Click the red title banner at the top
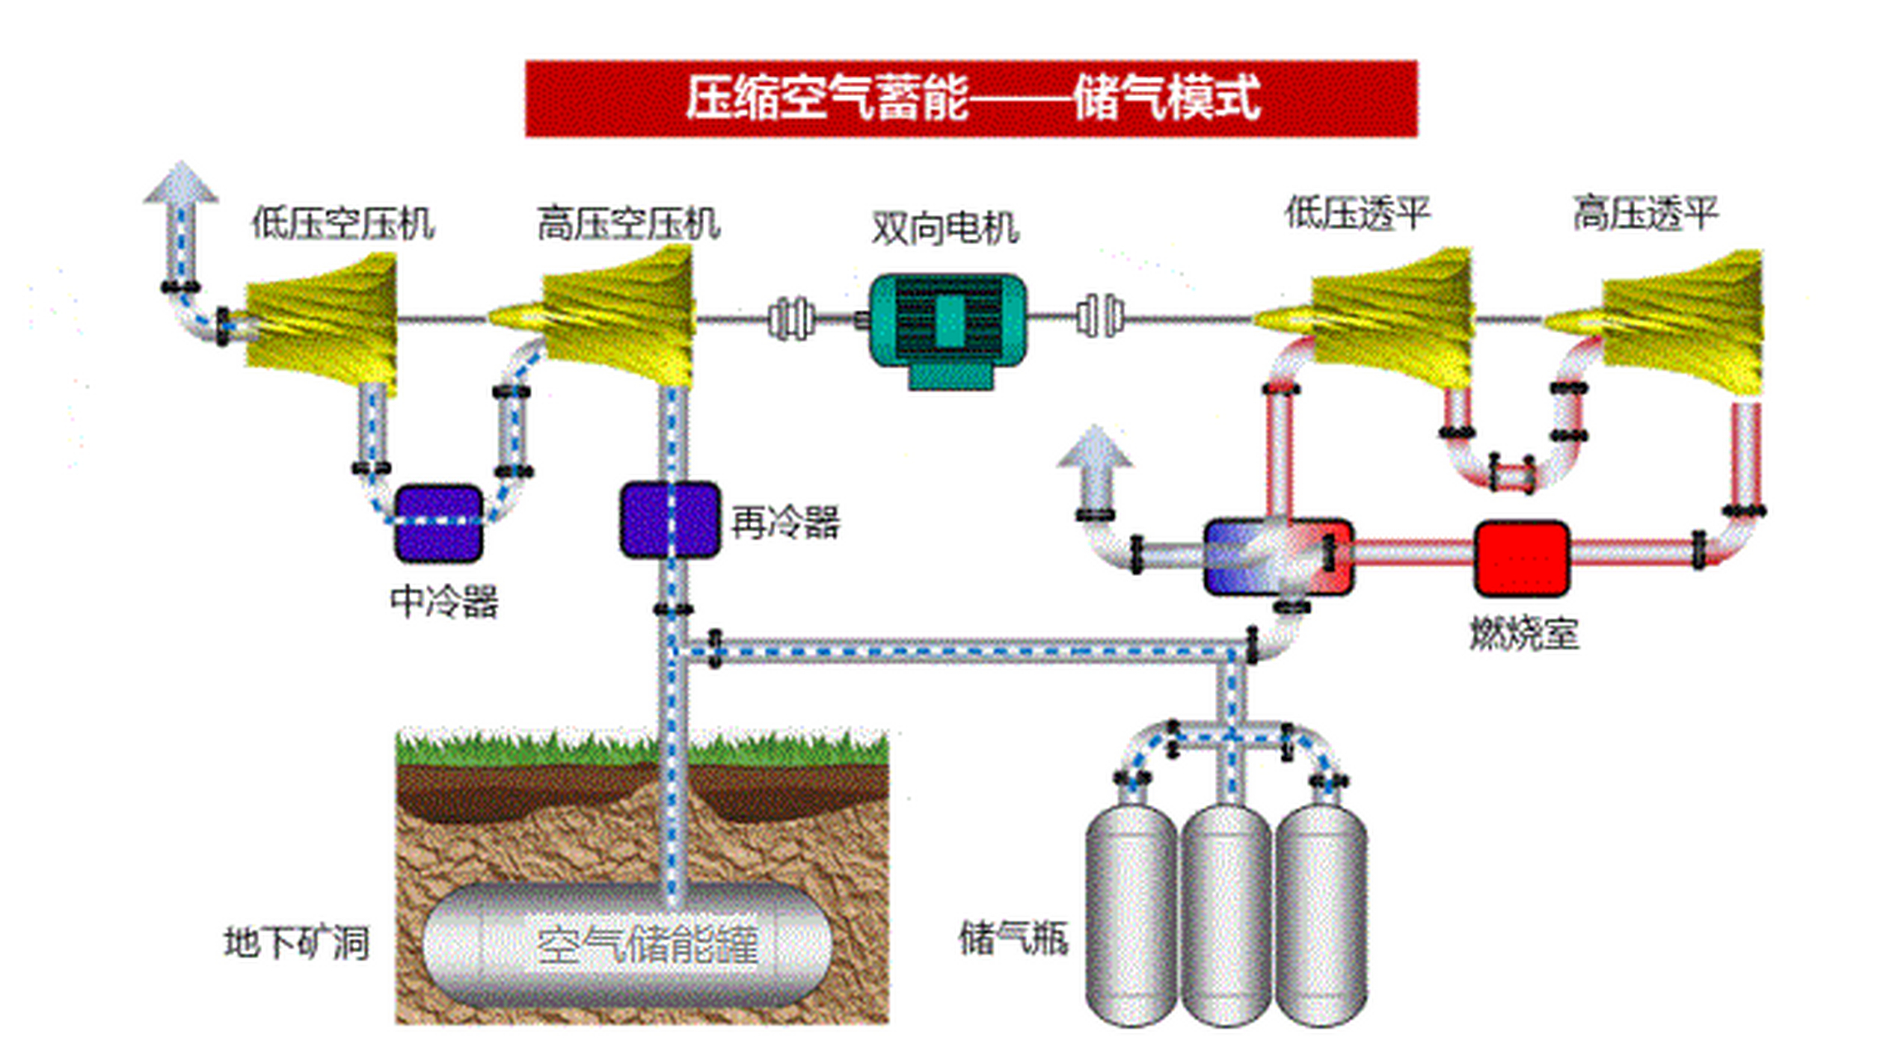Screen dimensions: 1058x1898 971,98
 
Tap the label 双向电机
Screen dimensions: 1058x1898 945,228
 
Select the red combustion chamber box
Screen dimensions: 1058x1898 1522,558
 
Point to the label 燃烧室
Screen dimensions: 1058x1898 1523,634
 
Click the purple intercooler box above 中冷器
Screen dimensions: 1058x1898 439,523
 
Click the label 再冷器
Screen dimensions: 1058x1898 785,522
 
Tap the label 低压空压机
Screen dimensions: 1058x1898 343,224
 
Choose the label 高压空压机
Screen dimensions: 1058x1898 629,224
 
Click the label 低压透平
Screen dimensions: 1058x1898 1357,213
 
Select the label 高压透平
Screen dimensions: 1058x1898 1645,213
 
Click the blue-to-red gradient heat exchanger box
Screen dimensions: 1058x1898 1278,557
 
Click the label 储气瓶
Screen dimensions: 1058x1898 1014,938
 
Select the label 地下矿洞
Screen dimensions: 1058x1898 296,943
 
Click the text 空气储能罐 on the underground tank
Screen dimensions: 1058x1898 647,945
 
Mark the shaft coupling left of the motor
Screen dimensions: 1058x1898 790,319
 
